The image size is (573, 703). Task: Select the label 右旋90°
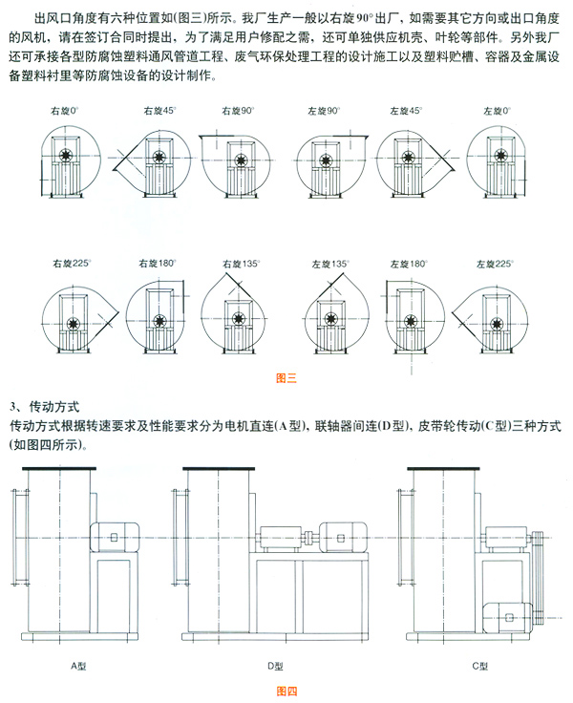pyautogui.click(x=238, y=112)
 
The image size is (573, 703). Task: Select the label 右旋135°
pyautogui.click(x=239, y=264)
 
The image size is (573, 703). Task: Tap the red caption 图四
pyautogui.click(x=286, y=690)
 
